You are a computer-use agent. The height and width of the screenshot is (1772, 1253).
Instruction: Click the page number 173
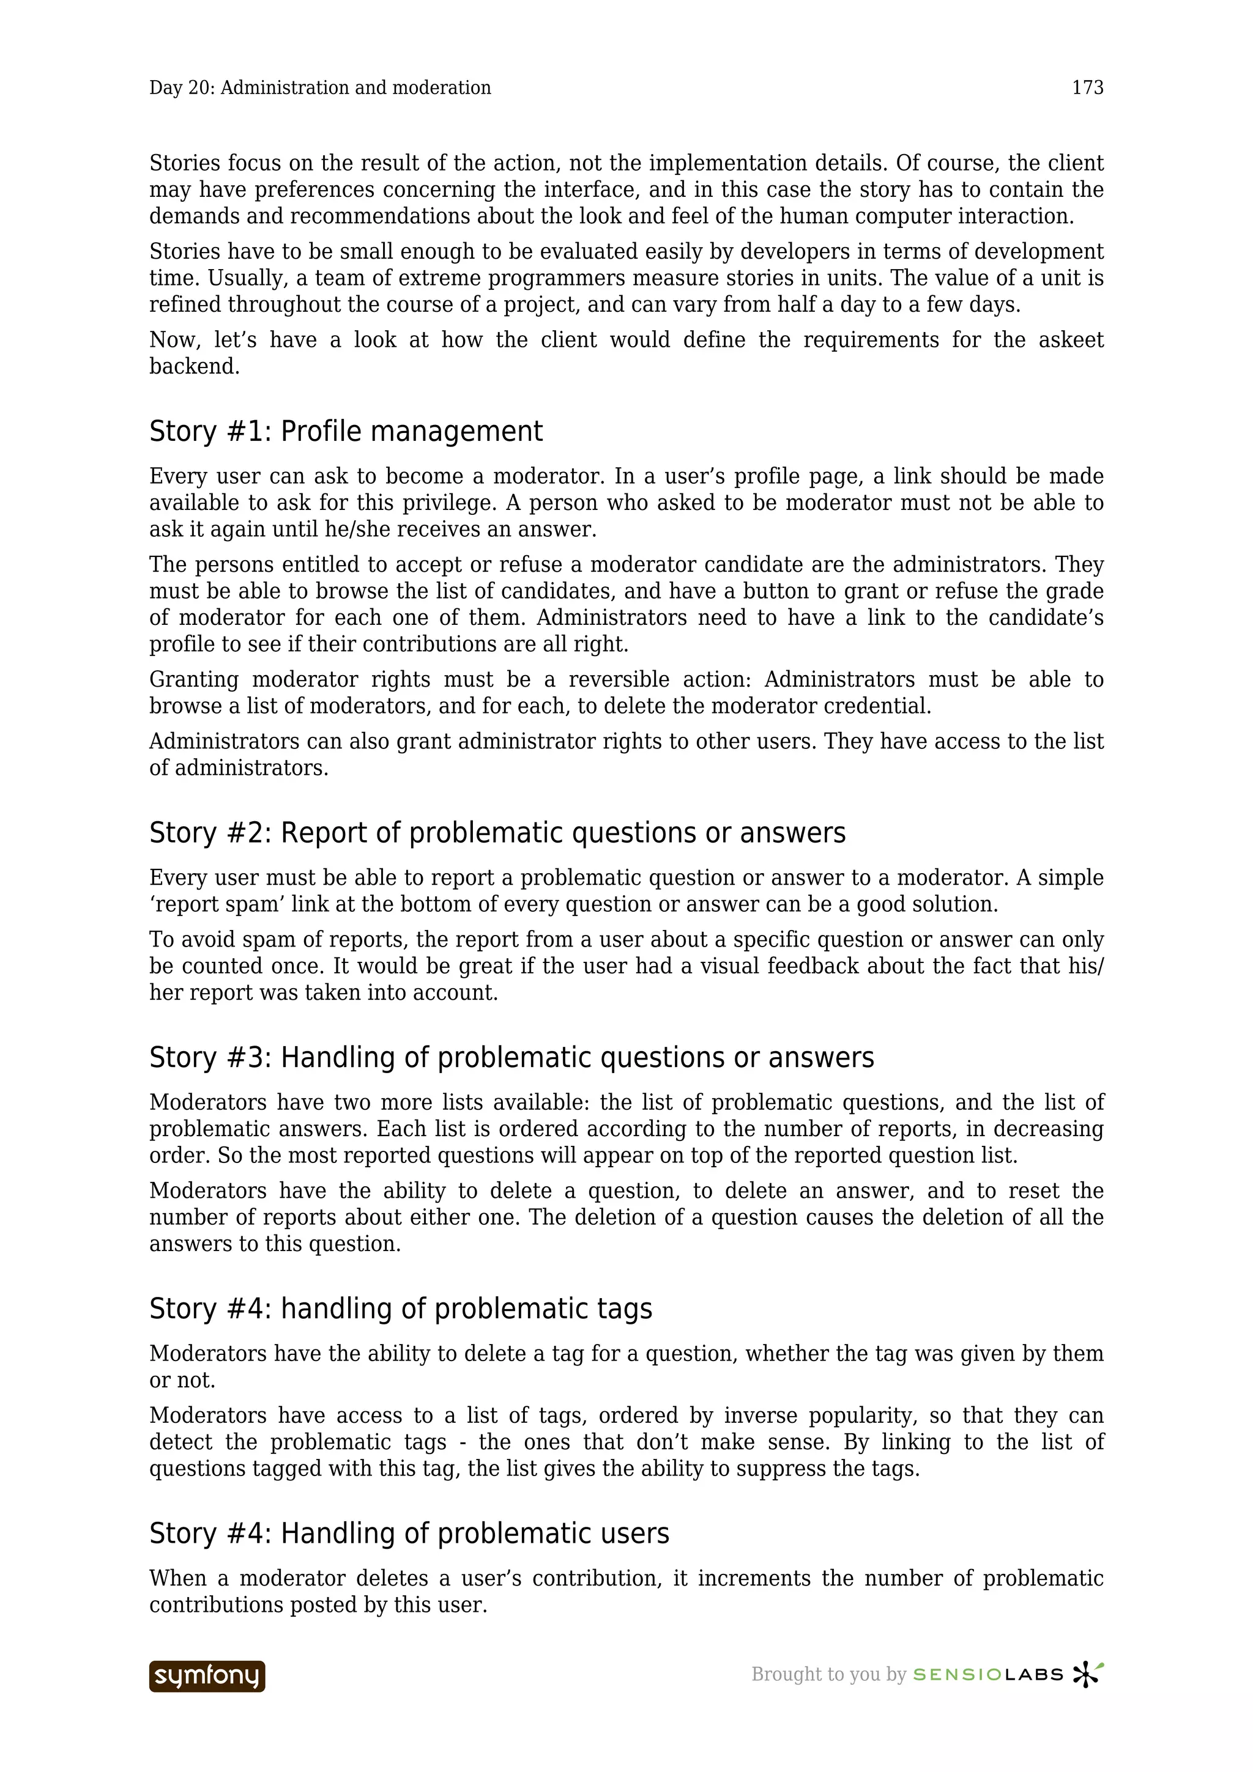1087,88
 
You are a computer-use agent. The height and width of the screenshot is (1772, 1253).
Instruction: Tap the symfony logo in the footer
207,1675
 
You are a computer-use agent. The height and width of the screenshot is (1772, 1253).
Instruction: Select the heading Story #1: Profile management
346,432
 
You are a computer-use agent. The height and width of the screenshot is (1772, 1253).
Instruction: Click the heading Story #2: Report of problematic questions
497,833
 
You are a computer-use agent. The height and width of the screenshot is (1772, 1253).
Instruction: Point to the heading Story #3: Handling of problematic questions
511,1057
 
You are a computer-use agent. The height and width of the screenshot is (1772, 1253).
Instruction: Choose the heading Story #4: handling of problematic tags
401,1309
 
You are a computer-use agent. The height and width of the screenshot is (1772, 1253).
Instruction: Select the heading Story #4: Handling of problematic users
409,1534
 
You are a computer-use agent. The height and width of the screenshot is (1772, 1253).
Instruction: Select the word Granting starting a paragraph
194,680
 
